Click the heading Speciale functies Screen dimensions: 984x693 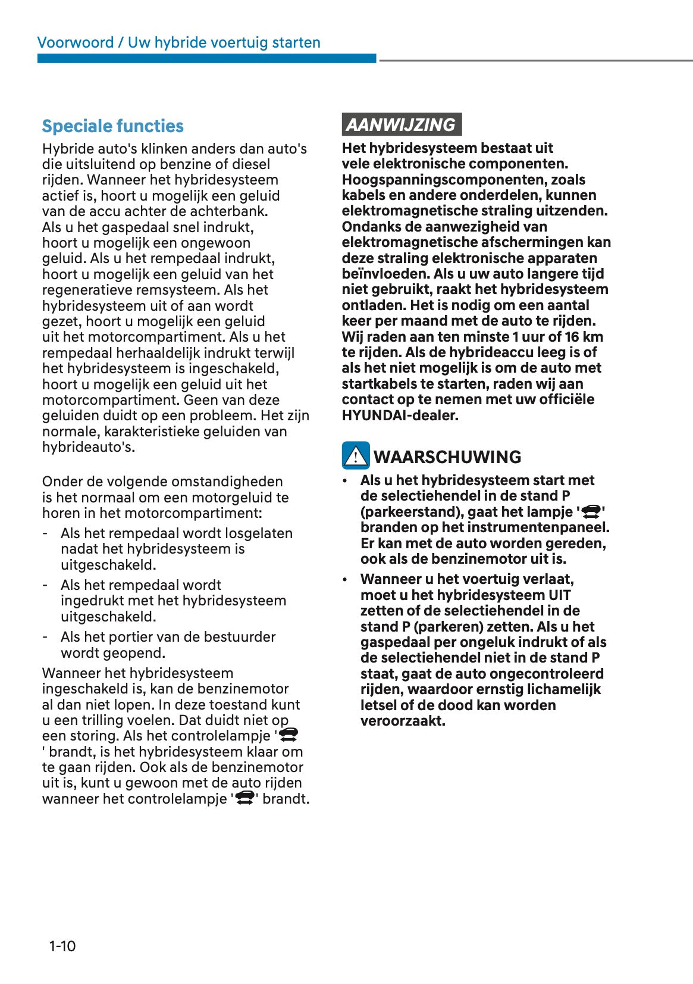pyautogui.click(x=112, y=126)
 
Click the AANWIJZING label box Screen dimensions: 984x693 pyautogui.click(x=401, y=124)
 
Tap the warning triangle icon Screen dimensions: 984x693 pyautogui.click(x=356, y=456)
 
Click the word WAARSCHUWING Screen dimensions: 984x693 pyautogui.click(x=447, y=457)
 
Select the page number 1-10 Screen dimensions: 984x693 pyautogui.click(x=62, y=946)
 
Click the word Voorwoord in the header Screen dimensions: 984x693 pyautogui.click(x=76, y=43)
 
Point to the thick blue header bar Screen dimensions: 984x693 pyautogui.click(x=206, y=58)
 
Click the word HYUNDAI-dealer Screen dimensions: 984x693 pyautogui.click(x=400, y=416)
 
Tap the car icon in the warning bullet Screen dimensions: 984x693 pyautogui.click(x=591, y=512)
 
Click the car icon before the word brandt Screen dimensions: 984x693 pyautogui.click(x=245, y=798)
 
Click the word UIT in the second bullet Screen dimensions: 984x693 pyautogui.click(x=559, y=595)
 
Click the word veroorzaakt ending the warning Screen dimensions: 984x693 pyautogui.click(x=403, y=721)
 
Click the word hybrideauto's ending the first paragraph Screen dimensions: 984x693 pyautogui.click(x=87, y=447)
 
